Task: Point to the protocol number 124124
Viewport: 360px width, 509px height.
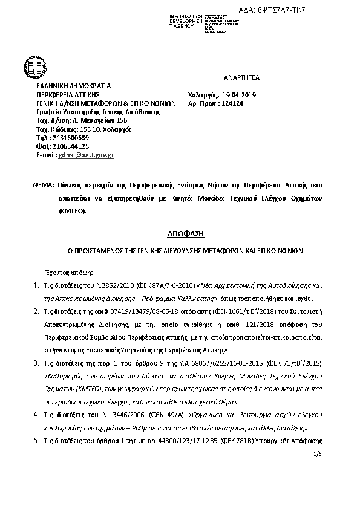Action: (235, 103)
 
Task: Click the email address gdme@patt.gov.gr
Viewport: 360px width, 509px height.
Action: (86, 155)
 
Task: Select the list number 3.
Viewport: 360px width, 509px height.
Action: (34, 362)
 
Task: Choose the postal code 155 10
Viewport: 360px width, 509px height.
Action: (88, 129)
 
